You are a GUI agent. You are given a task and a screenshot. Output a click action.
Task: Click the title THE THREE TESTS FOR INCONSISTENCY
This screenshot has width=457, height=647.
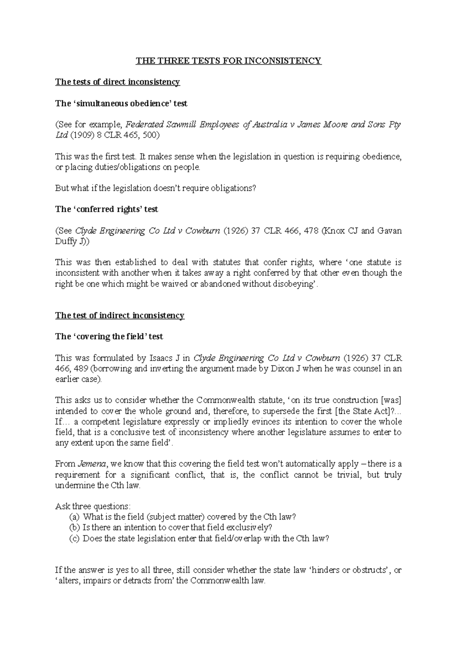pos(229,61)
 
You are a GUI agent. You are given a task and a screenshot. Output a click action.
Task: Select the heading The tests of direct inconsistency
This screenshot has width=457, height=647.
pos(117,82)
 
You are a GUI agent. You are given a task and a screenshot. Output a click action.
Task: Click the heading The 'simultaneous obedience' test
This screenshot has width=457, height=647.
pos(121,103)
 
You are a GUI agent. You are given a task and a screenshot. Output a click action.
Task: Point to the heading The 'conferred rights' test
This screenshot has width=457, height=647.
pos(106,209)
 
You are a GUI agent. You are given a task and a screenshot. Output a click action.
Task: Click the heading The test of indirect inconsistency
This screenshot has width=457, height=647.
pos(120,315)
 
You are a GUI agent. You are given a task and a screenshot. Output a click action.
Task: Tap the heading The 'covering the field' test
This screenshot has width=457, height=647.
pos(109,336)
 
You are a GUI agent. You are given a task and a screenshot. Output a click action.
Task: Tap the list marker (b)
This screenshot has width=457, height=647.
pos(74,528)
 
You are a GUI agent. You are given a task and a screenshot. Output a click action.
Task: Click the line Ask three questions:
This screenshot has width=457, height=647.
pos(93,506)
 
